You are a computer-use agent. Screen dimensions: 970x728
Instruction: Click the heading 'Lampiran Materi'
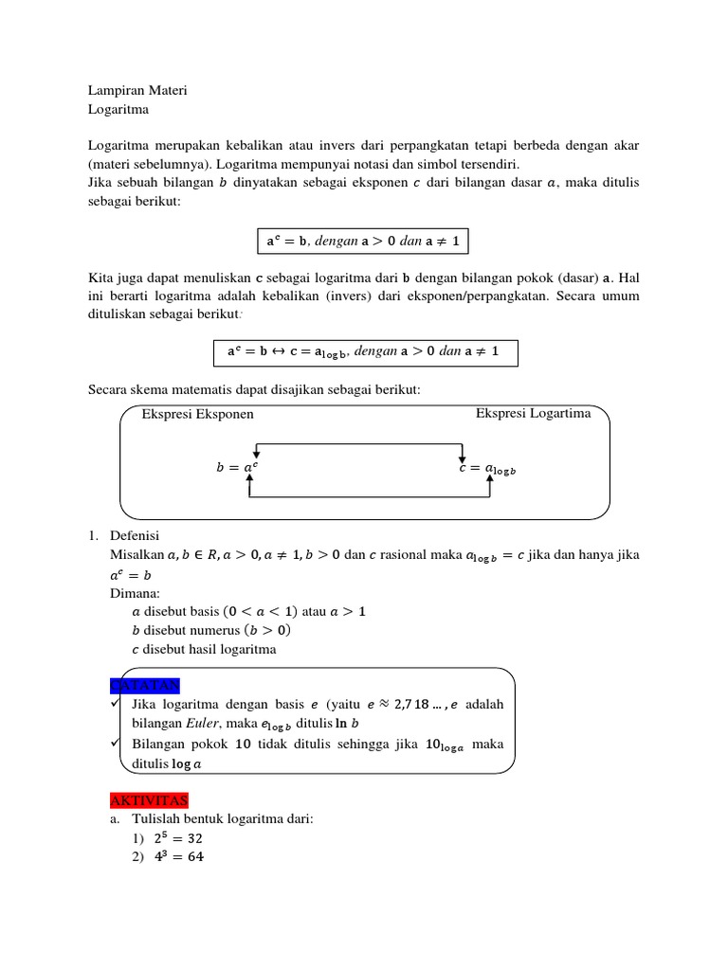click(x=137, y=90)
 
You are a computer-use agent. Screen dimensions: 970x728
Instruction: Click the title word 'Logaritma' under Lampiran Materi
click(x=118, y=109)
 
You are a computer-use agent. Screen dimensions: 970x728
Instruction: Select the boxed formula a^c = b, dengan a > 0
click(x=363, y=242)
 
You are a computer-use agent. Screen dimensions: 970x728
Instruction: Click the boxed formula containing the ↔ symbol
click(x=363, y=352)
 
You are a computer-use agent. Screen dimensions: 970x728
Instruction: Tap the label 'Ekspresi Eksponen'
click(x=197, y=414)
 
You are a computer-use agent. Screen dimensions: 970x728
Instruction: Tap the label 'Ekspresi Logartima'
click(x=533, y=413)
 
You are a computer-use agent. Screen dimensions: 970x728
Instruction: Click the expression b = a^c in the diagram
click(x=236, y=468)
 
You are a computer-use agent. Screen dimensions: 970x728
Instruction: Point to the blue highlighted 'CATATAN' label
click(x=145, y=686)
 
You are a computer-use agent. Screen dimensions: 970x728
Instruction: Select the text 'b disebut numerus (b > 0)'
click(x=211, y=630)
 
